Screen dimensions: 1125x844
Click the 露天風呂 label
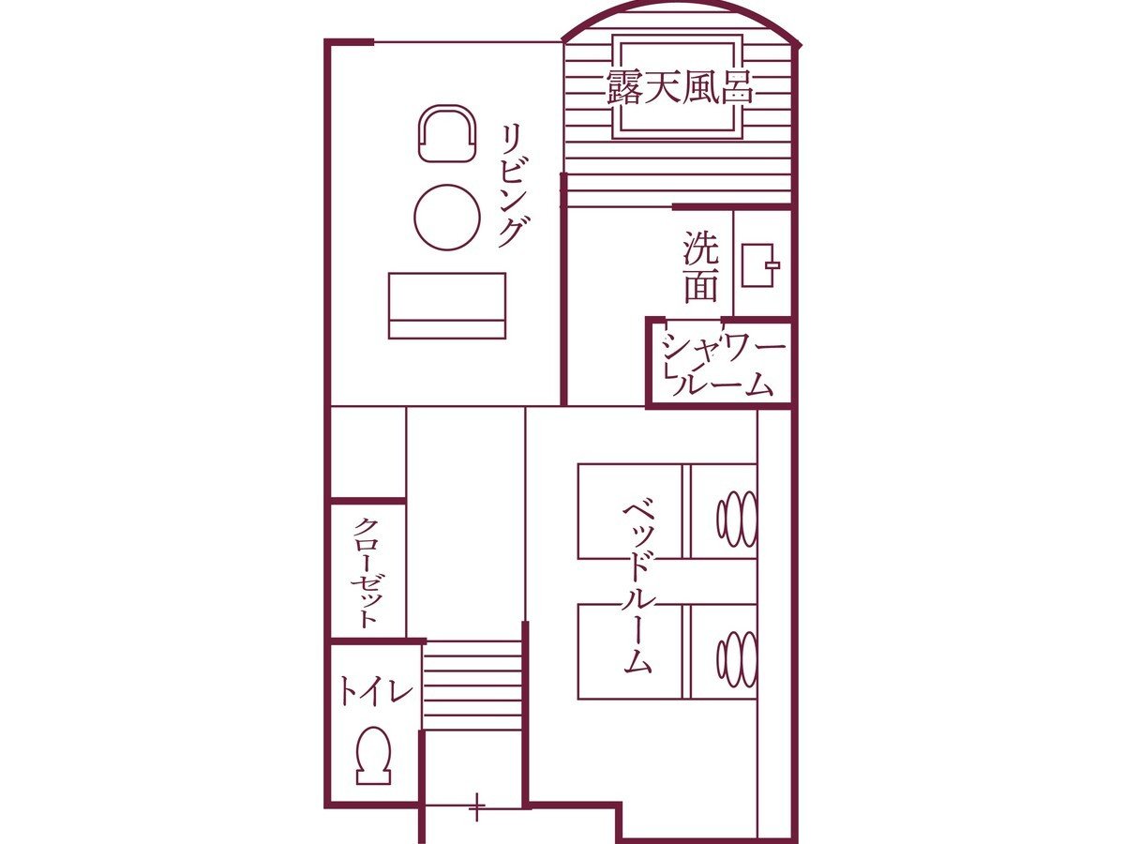[x=680, y=86]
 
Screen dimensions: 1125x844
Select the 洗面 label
[x=700, y=266]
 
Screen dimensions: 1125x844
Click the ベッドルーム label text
[x=637, y=588]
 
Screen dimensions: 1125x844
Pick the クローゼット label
[x=367, y=572]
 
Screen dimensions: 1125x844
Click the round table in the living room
[x=447, y=218]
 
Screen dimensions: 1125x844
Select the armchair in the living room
[x=447, y=133]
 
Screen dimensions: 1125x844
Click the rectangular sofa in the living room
[x=447, y=306]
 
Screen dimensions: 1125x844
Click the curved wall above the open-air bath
[x=681, y=4]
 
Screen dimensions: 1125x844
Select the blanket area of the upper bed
[x=630, y=511]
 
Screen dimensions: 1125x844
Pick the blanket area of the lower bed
[x=630, y=652]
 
